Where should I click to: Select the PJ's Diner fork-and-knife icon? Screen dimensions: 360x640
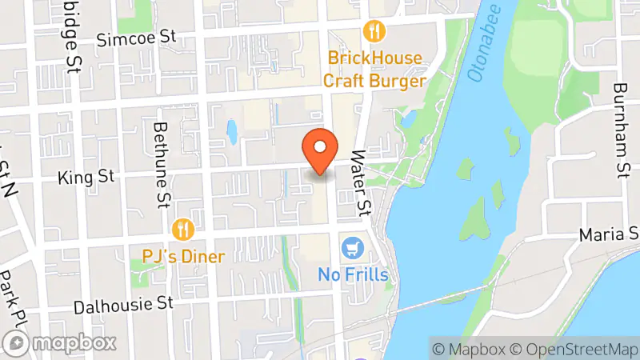(x=184, y=230)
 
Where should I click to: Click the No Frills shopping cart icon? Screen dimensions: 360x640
(x=352, y=248)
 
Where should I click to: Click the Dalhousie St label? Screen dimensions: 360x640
(x=123, y=306)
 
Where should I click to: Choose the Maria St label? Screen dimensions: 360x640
(x=611, y=234)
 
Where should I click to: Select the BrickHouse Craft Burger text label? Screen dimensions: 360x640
(x=374, y=70)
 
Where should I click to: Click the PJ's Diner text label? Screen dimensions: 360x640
(x=184, y=257)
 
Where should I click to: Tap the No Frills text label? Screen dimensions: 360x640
(x=353, y=275)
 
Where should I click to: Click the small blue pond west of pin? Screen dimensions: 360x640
(x=232, y=132)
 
